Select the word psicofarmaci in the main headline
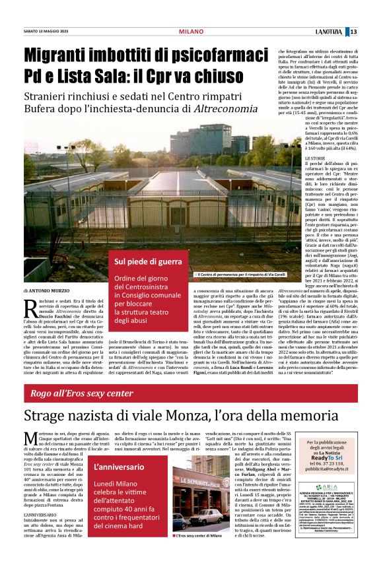(x=214, y=58)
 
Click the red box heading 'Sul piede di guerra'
(x=143, y=262)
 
